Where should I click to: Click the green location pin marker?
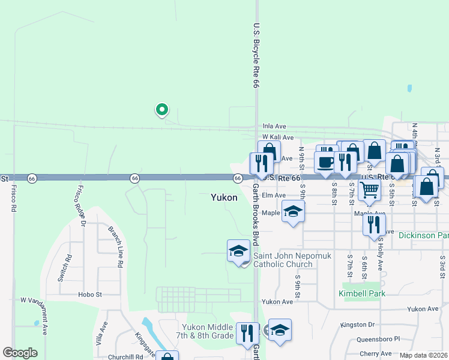(161, 110)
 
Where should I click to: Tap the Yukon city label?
(224, 197)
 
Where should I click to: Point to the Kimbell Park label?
(362, 293)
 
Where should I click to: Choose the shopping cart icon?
(369, 191)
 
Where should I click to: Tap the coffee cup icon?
(325, 163)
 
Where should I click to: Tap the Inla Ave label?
(275, 127)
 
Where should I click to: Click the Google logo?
(20, 352)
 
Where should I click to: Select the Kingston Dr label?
(357, 325)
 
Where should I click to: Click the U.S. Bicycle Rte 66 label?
(255, 57)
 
